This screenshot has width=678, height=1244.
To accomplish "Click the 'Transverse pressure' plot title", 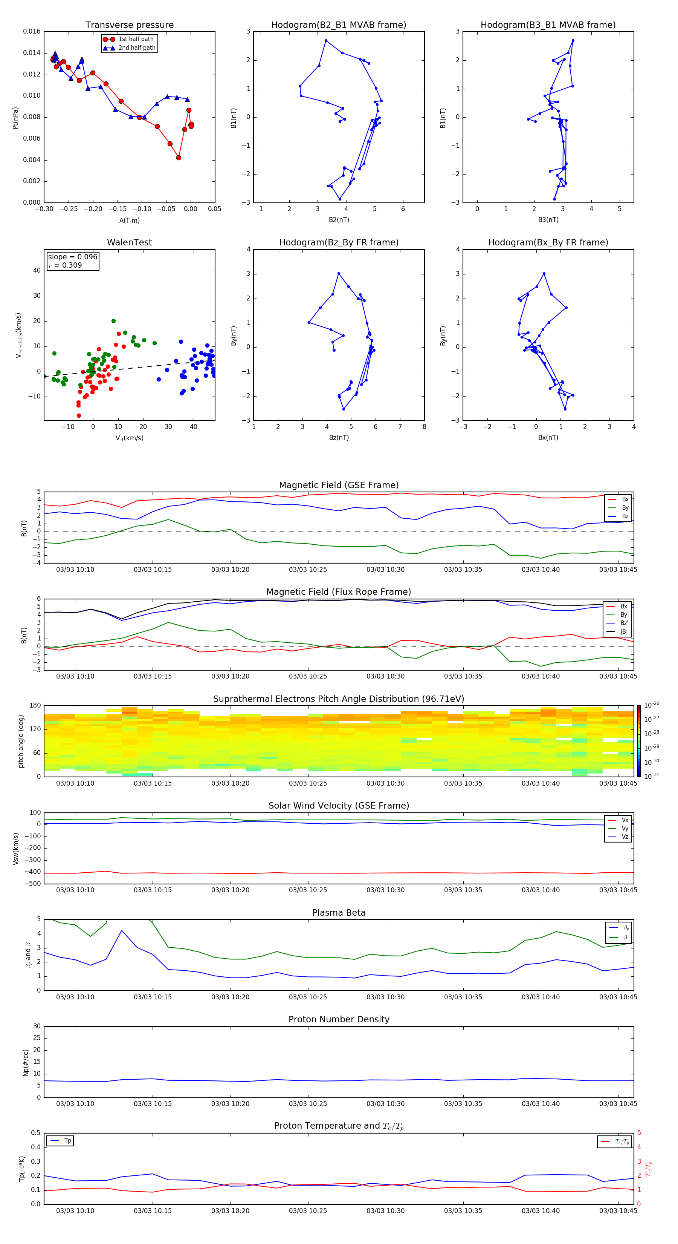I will click(129, 25).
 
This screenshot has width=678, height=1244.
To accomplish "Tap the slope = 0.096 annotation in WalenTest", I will click(72, 257).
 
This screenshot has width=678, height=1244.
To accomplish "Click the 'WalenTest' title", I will click(129, 242).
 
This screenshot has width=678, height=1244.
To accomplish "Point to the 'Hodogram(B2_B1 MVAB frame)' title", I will click(338, 25).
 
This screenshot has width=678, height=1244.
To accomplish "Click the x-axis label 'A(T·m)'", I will click(129, 221).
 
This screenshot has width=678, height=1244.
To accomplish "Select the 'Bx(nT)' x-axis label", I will click(548, 438).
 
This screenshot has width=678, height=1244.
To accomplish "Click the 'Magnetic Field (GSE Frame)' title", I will click(338, 485).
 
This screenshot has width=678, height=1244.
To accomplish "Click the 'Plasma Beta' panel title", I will click(338, 913).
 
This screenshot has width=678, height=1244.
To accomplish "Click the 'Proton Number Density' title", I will click(338, 1019).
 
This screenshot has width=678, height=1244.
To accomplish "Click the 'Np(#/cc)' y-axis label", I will click(26, 1062).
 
